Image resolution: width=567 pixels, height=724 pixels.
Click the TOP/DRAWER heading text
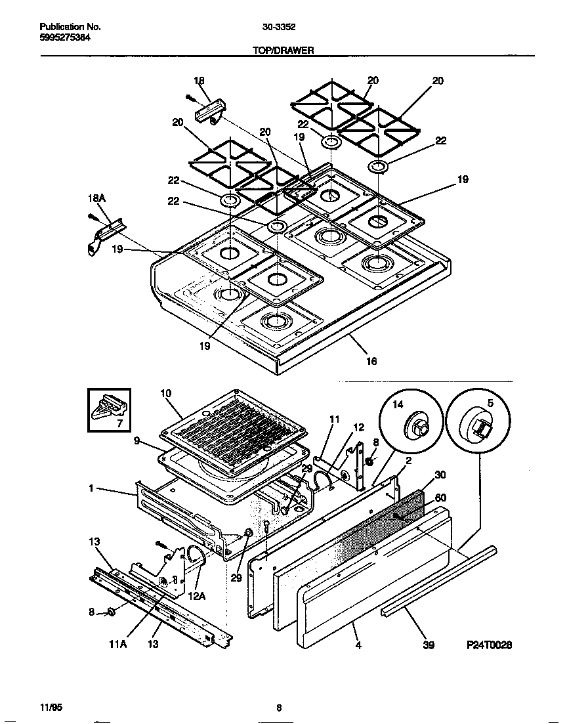(283, 49)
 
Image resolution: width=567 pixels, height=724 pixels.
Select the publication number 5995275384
(65, 38)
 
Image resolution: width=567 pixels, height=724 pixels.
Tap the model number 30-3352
(278, 27)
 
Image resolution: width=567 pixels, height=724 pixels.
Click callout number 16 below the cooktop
(371, 361)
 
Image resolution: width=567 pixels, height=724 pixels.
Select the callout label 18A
(96, 198)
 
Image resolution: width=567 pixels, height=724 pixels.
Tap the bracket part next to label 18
(211, 110)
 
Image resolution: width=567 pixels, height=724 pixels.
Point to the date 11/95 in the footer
(51, 707)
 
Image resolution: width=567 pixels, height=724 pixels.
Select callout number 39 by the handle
(428, 645)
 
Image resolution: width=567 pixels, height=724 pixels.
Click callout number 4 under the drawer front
(358, 645)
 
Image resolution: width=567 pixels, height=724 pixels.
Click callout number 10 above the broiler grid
(165, 393)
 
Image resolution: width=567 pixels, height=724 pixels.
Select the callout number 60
(440, 498)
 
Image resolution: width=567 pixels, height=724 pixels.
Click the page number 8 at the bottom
(279, 707)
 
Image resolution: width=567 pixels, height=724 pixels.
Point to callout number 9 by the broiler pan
(136, 441)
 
